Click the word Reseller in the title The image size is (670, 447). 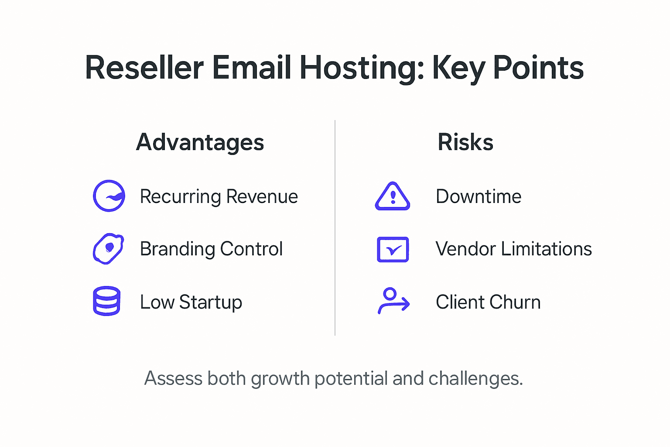coord(144,68)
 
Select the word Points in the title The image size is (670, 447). coord(538,68)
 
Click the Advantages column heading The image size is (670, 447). coord(200,142)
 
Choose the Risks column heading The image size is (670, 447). coord(465,142)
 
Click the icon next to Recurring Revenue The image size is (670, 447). coord(109,196)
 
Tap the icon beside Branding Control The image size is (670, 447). coord(108,249)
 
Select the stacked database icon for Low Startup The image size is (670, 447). coord(106,301)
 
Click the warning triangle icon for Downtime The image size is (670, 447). coord(393,197)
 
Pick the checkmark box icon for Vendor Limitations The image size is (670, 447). coord(393,249)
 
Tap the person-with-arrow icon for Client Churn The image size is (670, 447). coord(393,301)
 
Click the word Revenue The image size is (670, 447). coord(262,197)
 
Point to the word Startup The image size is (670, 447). coord(211,303)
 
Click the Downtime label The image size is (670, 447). coord(479,197)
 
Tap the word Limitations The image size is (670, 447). coord(546,249)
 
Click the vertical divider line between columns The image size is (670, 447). coord(335,227)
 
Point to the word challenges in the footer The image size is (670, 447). coord(475,378)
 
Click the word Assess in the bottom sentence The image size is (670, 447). coord(173,378)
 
